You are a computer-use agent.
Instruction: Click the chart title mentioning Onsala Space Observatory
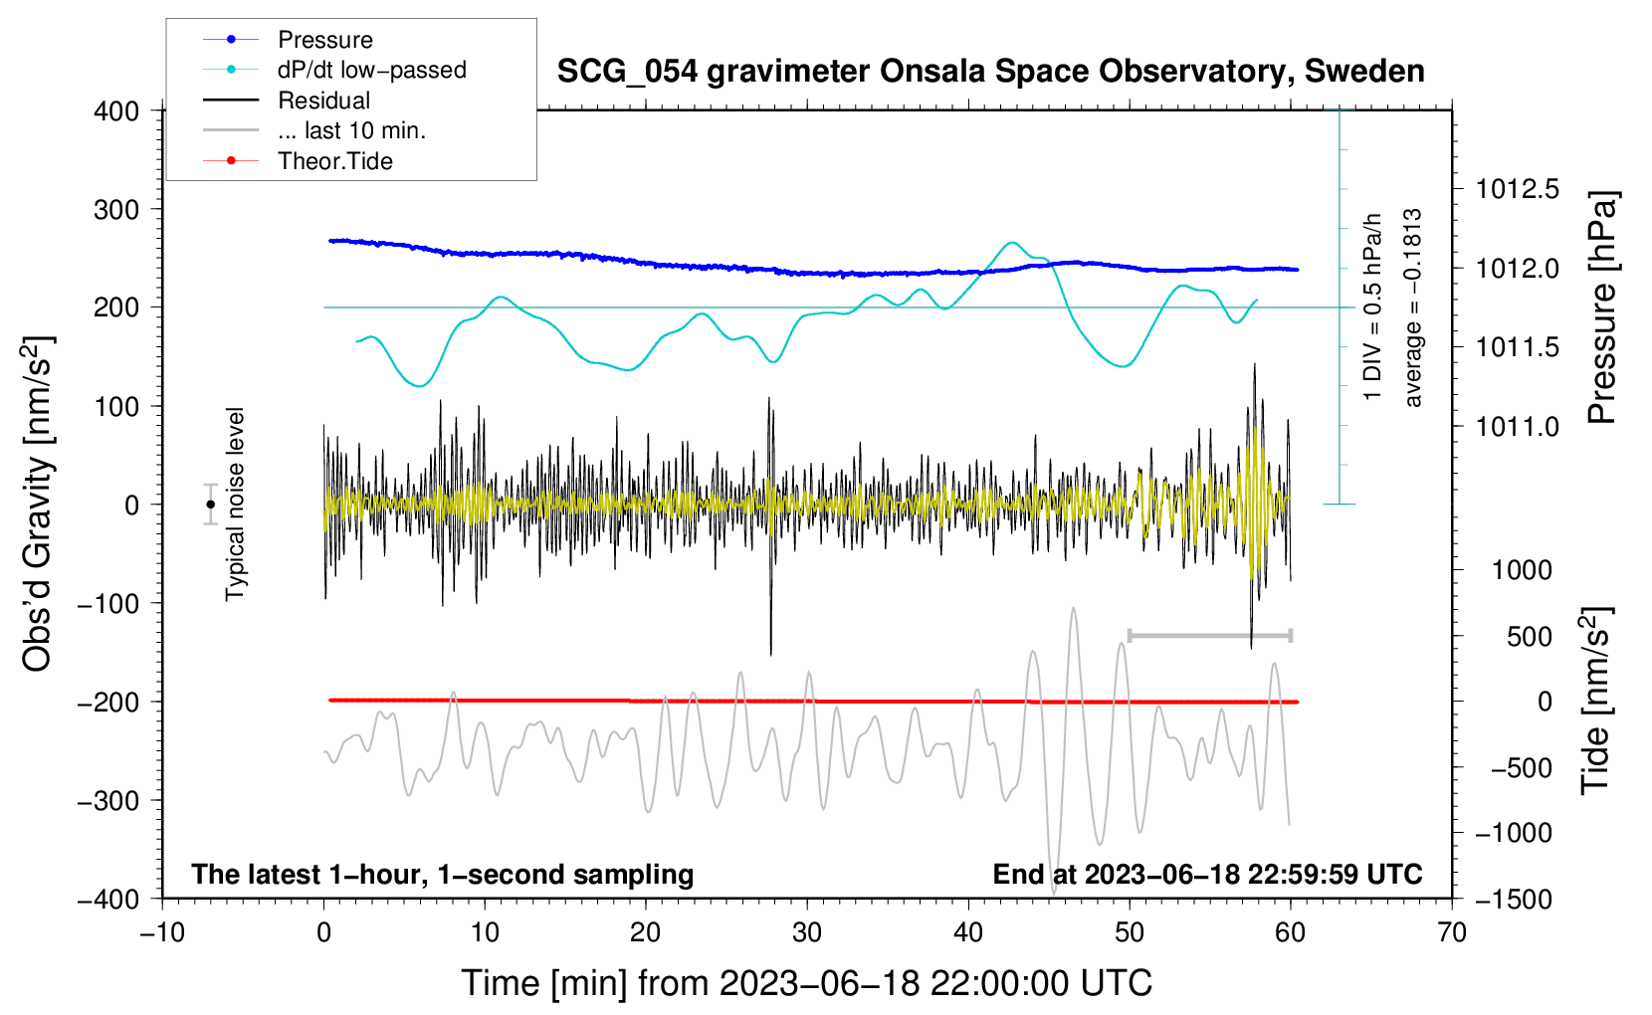click(x=990, y=72)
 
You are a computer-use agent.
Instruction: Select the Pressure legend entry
click(x=289, y=39)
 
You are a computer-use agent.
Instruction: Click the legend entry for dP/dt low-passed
click(x=334, y=70)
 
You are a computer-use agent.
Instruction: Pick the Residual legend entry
click(x=287, y=100)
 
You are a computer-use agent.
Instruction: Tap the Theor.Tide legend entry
click(x=298, y=161)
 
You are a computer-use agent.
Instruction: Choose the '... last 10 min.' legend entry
click(x=314, y=130)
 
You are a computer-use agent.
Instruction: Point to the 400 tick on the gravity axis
click(x=116, y=111)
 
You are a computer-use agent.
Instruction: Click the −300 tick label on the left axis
click(x=108, y=800)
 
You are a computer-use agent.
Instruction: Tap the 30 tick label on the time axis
click(x=807, y=932)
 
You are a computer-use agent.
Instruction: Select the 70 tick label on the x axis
click(x=1451, y=932)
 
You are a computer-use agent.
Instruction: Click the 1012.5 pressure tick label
click(x=1517, y=190)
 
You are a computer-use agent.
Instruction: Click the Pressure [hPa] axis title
click(x=1602, y=307)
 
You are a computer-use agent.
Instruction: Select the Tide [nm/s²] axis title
click(x=1596, y=701)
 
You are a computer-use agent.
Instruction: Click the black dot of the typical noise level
click(x=210, y=505)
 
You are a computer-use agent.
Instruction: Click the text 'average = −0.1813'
click(x=1411, y=307)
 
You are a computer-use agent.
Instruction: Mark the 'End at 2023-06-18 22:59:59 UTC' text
click(x=1207, y=874)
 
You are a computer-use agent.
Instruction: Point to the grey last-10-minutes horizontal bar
click(x=1209, y=635)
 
